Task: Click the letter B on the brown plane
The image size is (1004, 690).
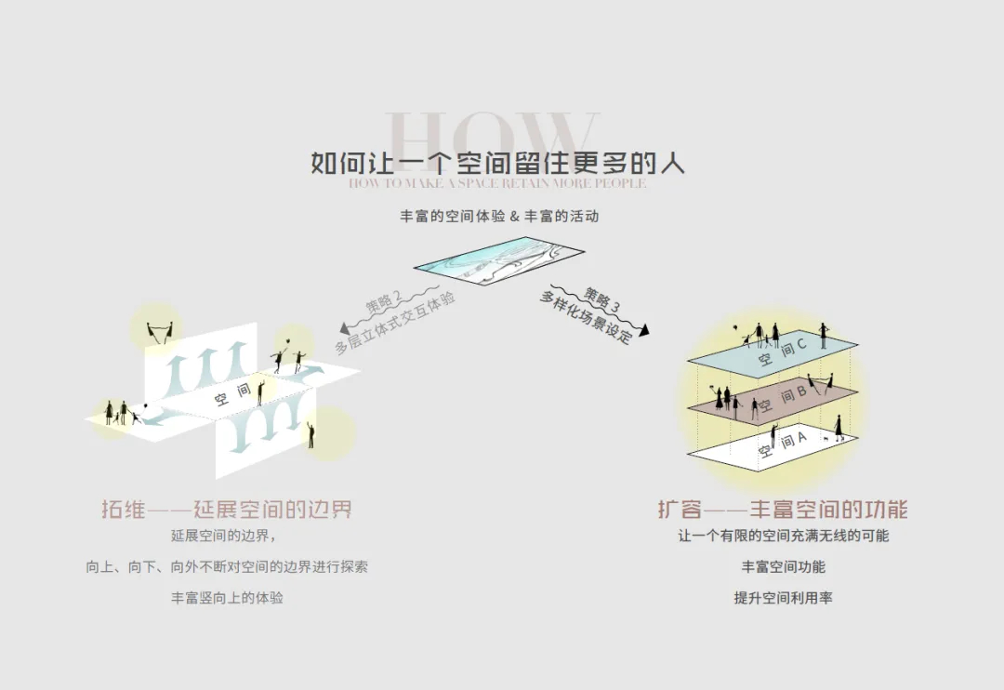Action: pyautogui.click(x=800, y=393)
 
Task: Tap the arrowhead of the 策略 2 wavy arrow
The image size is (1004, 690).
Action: pyautogui.click(x=345, y=327)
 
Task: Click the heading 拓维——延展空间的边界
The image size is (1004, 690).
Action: pyautogui.click(x=227, y=510)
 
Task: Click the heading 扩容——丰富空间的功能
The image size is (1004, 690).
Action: pyautogui.click(x=783, y=510)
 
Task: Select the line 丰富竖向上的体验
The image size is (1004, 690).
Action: pyautogui.click(x=227, y=598)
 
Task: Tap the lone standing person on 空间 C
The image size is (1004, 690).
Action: pyautogui.click(x=823, y=335)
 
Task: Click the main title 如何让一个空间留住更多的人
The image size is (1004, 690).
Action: pyautogui.click(x=498, y=163)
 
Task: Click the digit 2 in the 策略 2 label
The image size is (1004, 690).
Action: pyautogui.click(x=398, y=298)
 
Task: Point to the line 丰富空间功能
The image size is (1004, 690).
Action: pyautogui.click(x=783, y=566)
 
